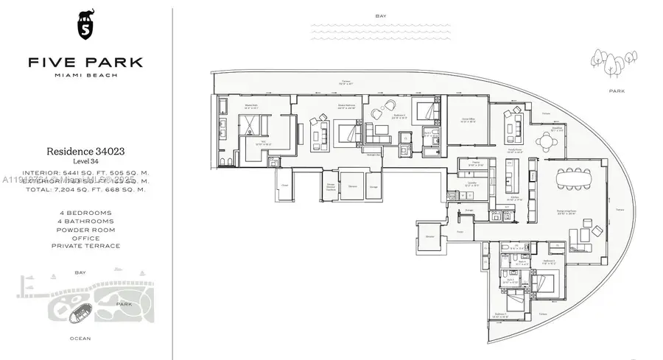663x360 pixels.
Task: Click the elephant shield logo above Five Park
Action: click(x=85, y=27)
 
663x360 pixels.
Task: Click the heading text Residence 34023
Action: click(x=85, y=150)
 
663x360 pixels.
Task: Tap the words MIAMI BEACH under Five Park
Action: click(x=85, y=77)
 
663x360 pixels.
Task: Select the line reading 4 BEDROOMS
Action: click(x=85, y=213)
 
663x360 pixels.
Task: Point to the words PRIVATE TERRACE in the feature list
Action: click(x=85, y=246)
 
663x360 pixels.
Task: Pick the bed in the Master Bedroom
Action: click(x=348, y=134)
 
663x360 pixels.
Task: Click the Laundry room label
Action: click(x=472, y=185)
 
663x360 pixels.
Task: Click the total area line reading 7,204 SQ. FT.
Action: click(x=85, y=189)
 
